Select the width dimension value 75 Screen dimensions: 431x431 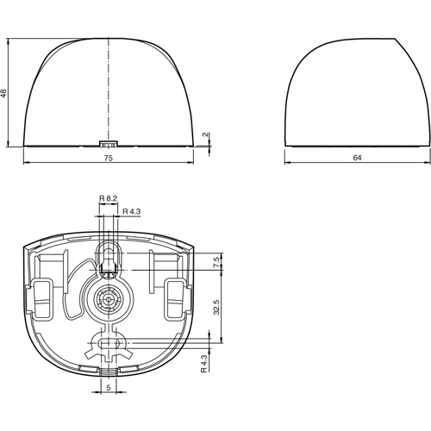click(108, 158)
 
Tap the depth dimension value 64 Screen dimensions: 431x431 click(358, 158)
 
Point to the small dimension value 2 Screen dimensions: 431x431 click(206, 134)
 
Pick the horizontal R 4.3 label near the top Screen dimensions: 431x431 click(132, 211)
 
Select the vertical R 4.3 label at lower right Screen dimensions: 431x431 click(203, 364)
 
